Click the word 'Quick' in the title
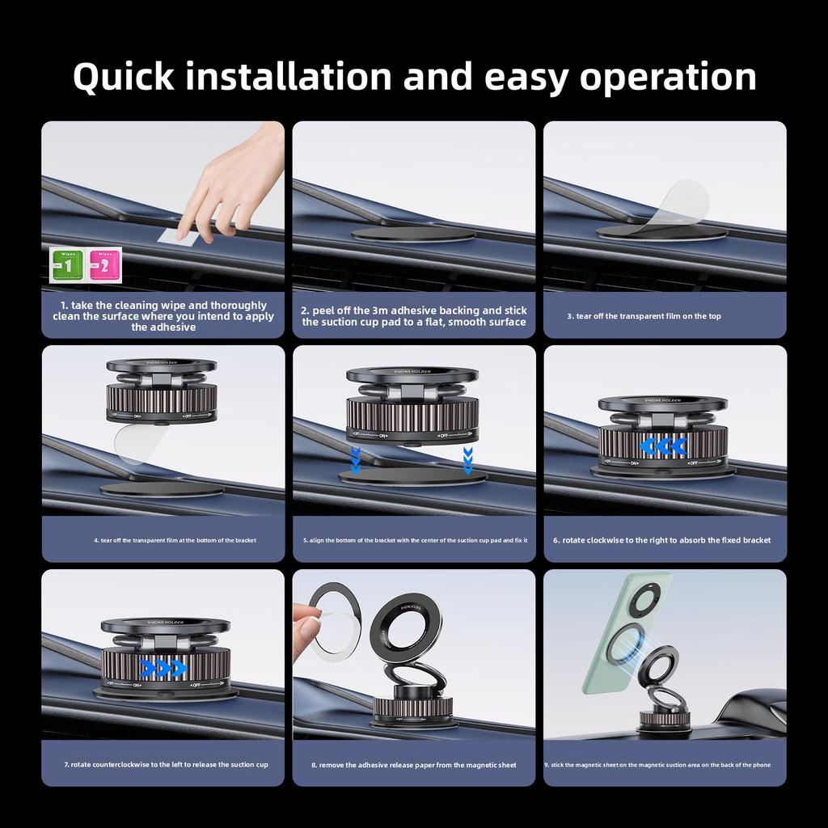[x=123, y=76]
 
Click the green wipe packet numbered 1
[x=68, y=265]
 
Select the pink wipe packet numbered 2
[x=104, y=265]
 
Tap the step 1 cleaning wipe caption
[x=163, y=316]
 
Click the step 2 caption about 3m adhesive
[x=414, y=316]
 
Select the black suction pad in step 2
[x=413, y=234]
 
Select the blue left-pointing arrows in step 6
[x=662, y=446]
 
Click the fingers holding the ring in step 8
[x=308, y=623]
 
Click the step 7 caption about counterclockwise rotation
[x=166, y=764]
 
